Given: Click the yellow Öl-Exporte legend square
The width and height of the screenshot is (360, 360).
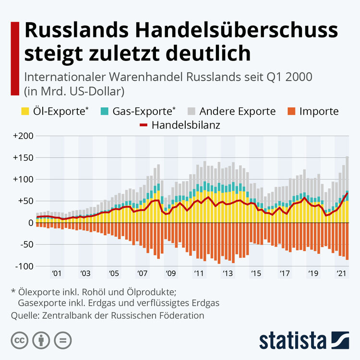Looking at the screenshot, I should point(29,112).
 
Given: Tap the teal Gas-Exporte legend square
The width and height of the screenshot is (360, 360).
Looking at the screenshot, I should point(104,112).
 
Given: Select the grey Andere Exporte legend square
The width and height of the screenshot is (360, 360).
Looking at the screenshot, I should point(192,112).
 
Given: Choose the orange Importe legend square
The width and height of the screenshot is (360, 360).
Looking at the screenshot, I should point(291,112).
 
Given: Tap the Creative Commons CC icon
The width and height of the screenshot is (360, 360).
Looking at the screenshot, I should point(20,340).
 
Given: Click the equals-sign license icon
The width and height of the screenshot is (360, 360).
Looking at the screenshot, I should point(63,340).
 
